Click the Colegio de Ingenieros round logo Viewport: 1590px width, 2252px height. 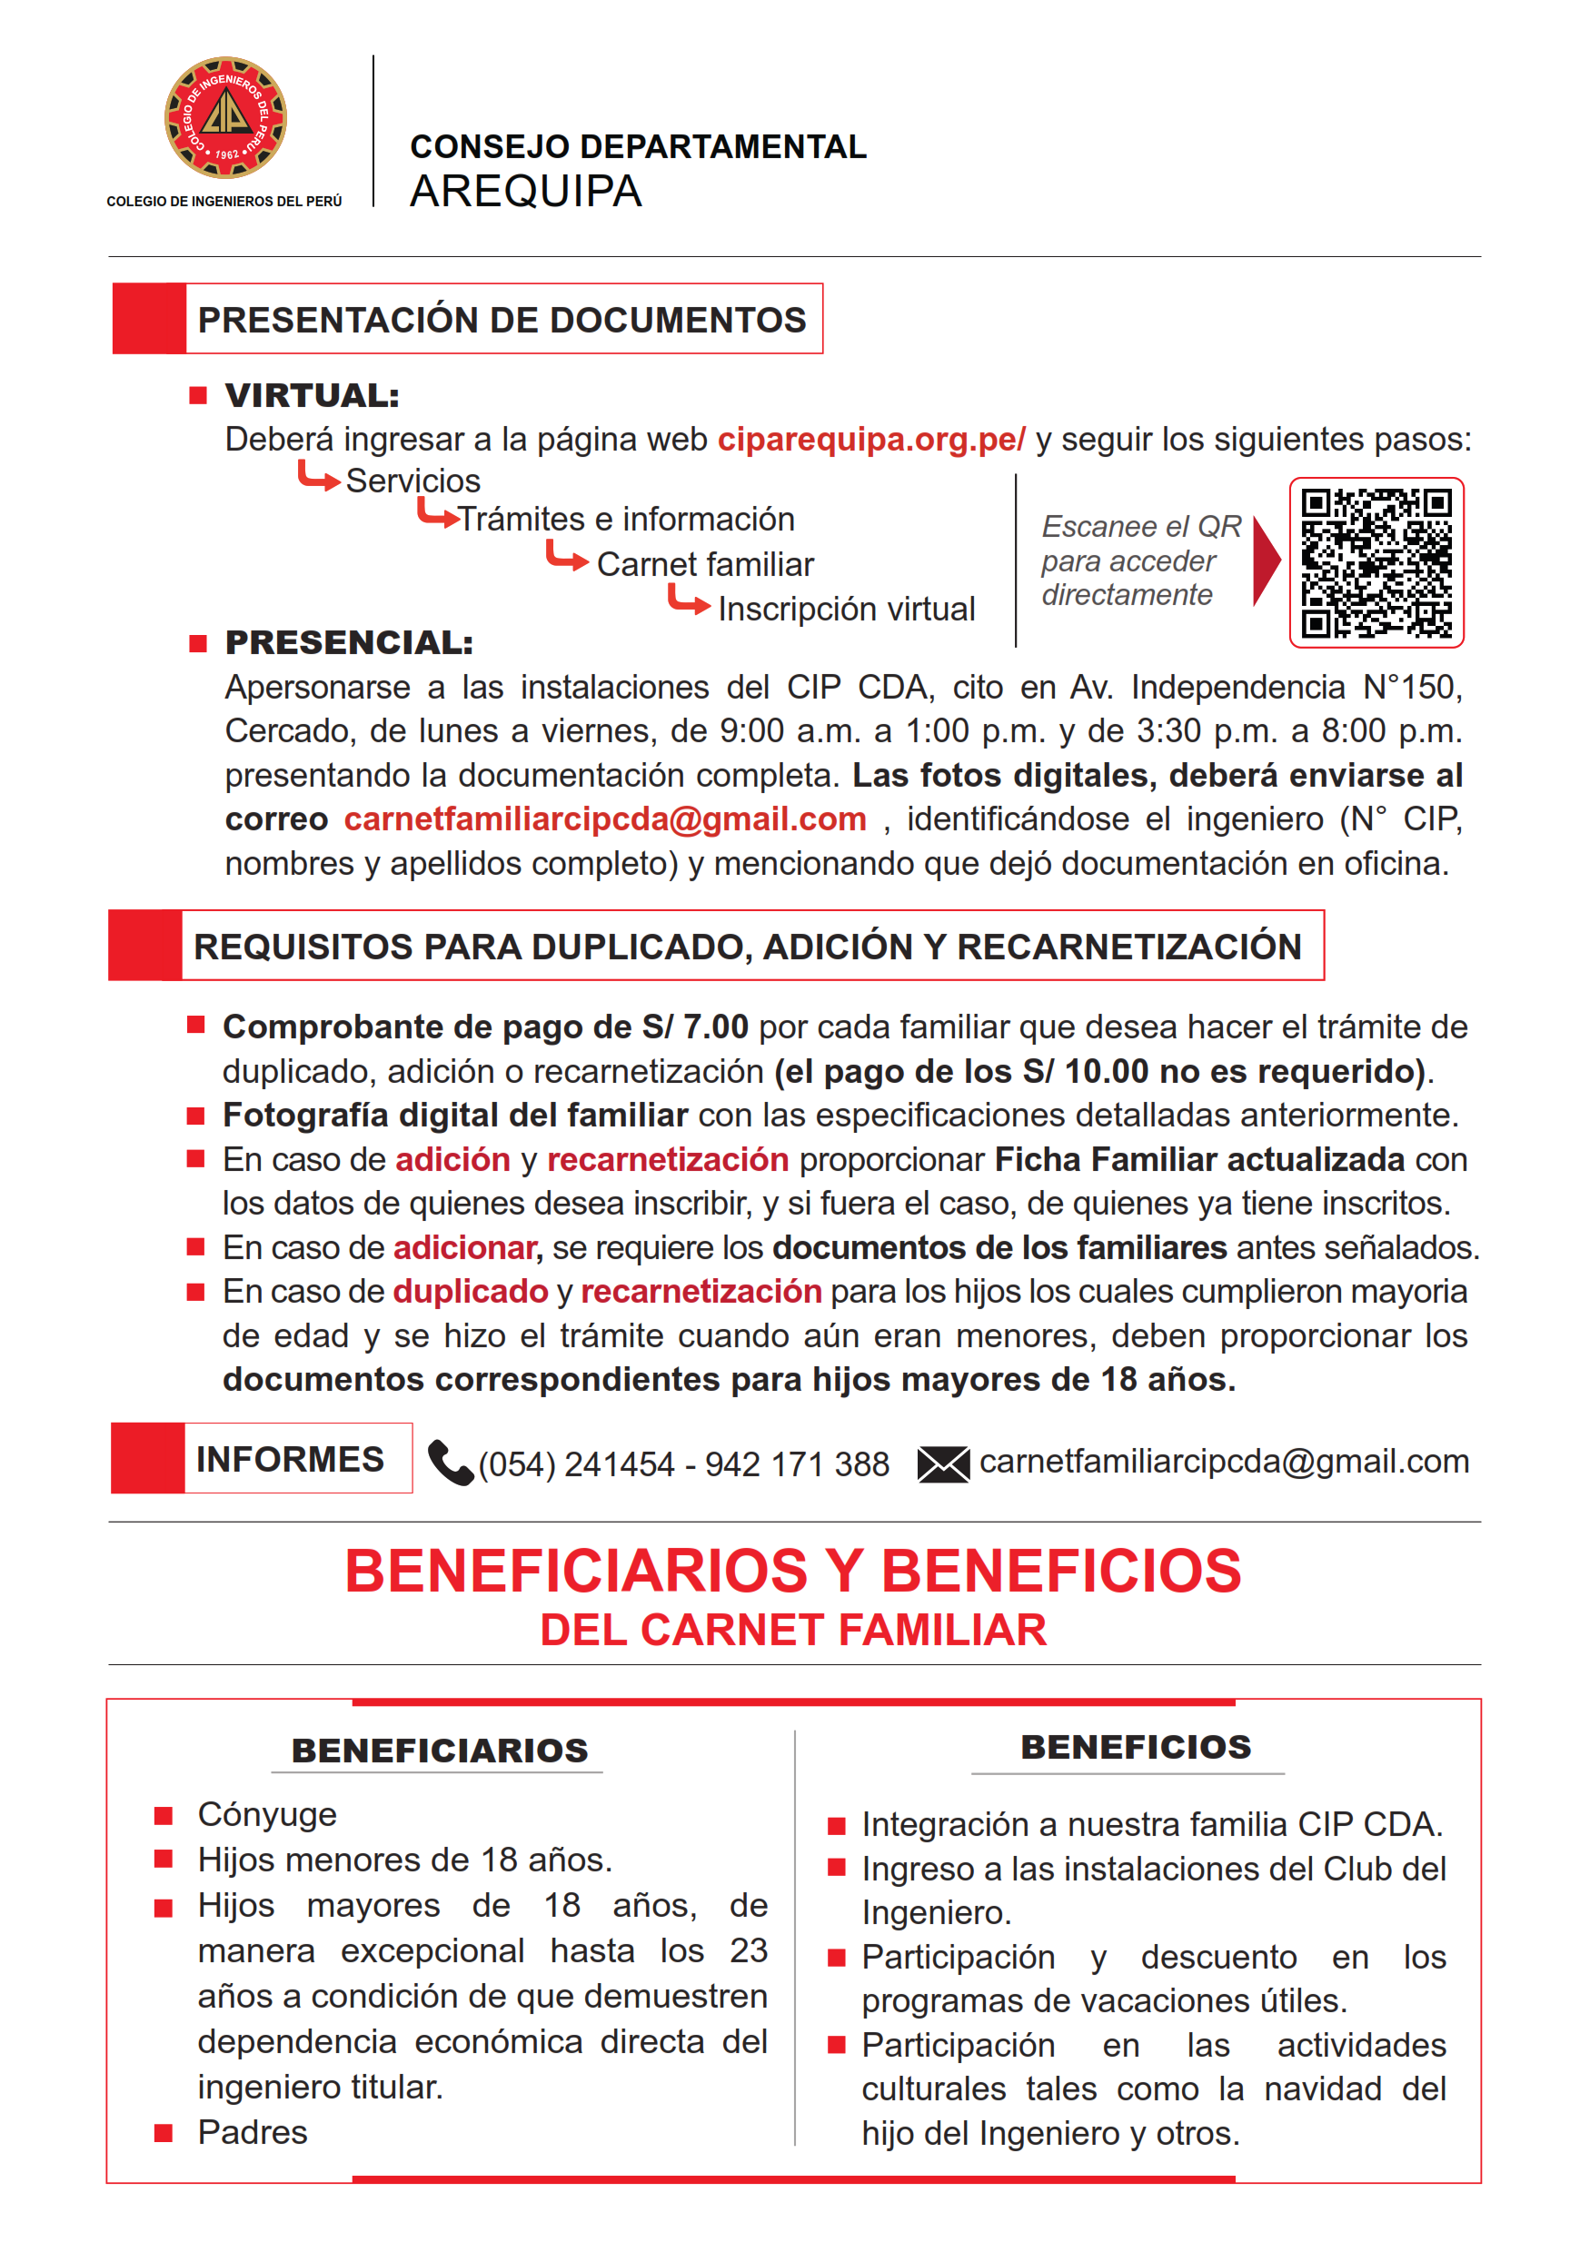(x=224, y=118)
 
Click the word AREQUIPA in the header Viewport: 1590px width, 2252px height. (x=526, y=192)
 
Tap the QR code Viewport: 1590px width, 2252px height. (x=1376, y=563)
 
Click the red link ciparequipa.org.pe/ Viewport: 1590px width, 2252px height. (x=871, y=440)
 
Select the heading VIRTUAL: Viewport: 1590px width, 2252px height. (x=312, y=396)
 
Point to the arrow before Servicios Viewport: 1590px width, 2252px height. (x=318, y=477)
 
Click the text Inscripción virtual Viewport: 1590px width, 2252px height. (x=847, y=609)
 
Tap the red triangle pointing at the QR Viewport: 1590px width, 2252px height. (x=1266, y=561)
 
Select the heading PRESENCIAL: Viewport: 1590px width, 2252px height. (x=349, y=643)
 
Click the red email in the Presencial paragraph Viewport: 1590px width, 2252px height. (x=605, y=819)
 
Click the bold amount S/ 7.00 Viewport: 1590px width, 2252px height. (x=694, y=1027)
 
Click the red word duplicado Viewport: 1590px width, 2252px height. (x=470, y=1292)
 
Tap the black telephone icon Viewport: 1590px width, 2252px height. (x=451, y=1463)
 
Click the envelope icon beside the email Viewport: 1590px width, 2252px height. (x=942, y=1464)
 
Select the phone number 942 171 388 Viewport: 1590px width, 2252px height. (x=797, y=1464)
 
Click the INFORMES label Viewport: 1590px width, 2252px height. (x=291, y=1460)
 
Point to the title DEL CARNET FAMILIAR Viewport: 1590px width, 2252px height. (x=792, y=1630)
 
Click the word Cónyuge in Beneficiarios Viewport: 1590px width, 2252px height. (x=267, y=1814)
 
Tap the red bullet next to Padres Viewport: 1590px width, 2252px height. (x=164, y=2132)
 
